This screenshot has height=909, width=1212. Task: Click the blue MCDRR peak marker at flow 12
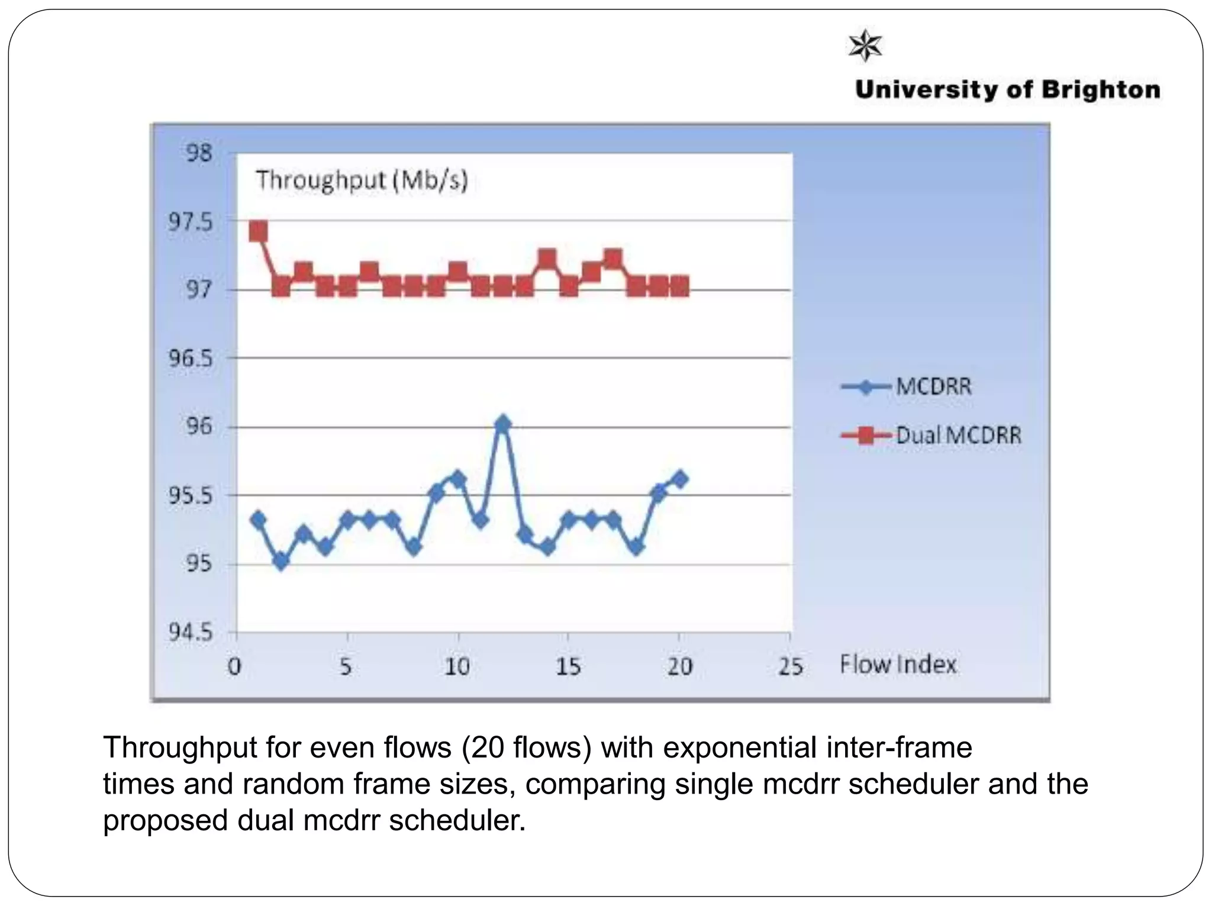click(503, 424)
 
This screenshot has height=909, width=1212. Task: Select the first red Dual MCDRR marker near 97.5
click(258, 231)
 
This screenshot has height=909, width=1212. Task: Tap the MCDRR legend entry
click(933, 387)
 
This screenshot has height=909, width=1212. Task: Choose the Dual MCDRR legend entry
click(958, 436)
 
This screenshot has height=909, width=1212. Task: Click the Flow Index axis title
click(898, 665)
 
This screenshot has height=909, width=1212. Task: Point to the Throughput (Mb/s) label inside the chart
click(362, 179)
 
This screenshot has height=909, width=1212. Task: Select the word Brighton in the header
click(1101, 90)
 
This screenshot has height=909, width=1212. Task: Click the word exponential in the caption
click(740, 747)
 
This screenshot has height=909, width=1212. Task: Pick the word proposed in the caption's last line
click(165, 821)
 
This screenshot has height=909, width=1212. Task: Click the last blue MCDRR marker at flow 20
click(680, 479)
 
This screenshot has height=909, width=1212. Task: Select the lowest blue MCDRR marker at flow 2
click(281, 561)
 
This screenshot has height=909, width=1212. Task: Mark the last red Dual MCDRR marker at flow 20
click(680, 287)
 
